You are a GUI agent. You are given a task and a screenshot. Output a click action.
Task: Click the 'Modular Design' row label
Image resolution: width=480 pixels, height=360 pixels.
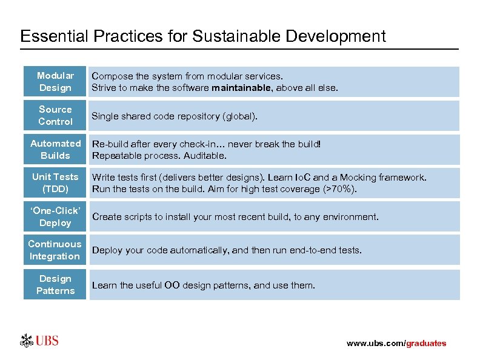pyautogui.click(x=55, y=82)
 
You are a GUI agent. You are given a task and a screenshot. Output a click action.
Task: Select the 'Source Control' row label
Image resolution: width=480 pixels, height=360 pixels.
pyautogui.click(x=55, y=115)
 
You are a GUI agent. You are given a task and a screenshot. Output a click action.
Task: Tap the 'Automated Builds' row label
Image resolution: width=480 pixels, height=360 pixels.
pyautogui.click(x=55, y=150)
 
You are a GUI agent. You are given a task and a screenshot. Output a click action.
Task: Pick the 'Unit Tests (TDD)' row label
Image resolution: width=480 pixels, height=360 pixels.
pyautogui.click(x=55, y=183)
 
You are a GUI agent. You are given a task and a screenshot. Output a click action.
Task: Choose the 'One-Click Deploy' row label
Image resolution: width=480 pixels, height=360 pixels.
pyautogui.click(x=55, y=217)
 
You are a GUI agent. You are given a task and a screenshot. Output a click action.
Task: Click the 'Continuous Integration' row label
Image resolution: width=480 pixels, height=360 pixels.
pyautogui.click(x=55, y=250)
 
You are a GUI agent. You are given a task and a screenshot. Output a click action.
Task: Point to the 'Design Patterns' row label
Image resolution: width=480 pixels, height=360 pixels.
pyautogui.click(x=55, y=285)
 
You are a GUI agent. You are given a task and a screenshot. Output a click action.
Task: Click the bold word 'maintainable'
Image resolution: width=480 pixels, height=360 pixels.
pyautogui.click(x=238, y=88)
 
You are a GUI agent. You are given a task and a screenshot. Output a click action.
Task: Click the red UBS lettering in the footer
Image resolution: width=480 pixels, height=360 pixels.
pyautogui.click(x=47, y=341)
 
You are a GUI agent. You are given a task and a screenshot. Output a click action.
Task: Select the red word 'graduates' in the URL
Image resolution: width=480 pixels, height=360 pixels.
pyautogui.click(x=426, y=344)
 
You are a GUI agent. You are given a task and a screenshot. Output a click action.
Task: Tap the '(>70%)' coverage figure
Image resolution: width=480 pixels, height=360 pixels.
pyautogui.click(x=341, y=189)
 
